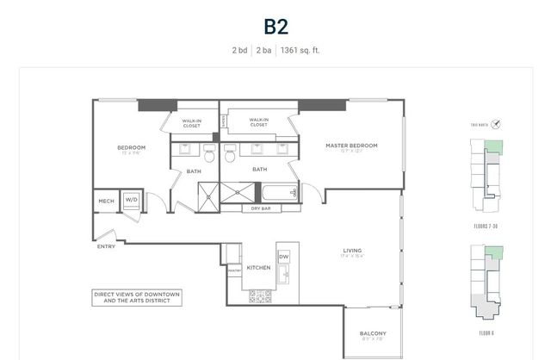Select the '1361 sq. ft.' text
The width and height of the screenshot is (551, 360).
click(x=300, y=50)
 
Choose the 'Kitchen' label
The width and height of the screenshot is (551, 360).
click(x=259, y=268)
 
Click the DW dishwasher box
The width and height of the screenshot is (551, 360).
click(x=284, y=257)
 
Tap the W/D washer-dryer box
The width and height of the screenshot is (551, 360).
click(x=132, y=201)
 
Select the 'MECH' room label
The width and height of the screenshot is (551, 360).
click(x=106, y=202)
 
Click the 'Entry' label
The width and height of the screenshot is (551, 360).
click(x=107, y=246)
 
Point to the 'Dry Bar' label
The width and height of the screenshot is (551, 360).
click(x=261, y=208)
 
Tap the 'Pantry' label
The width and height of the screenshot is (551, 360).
click(x=234, y=270)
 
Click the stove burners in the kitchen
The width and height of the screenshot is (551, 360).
click(x=260, y=296)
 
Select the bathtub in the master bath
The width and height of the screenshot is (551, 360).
click(x=277, y=193)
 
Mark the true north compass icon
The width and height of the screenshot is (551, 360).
click(x=495, y=124)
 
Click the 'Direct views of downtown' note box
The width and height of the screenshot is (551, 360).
click(x=137, y=298)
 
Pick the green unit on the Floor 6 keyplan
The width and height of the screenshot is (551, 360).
click(x=493, y=254)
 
